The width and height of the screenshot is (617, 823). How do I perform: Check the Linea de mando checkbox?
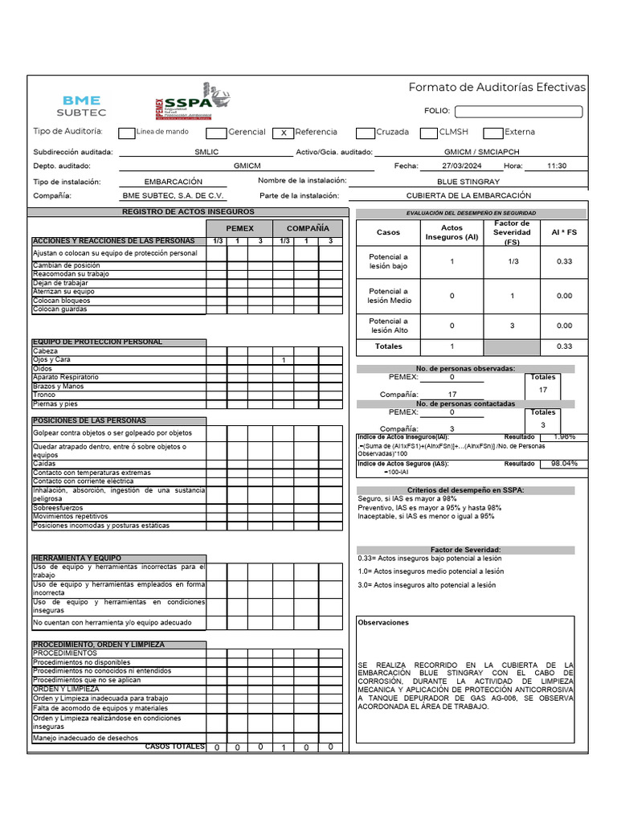(126, 133)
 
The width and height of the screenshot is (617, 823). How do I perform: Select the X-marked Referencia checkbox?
(284, 133)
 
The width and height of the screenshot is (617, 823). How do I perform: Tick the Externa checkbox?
(493, 133)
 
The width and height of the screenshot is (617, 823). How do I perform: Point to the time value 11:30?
(556, 166)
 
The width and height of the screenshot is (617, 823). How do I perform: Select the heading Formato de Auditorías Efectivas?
(497, 88)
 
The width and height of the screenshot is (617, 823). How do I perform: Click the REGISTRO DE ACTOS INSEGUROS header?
(188, 211)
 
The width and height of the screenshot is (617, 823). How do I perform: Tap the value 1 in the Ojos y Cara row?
(284, 360)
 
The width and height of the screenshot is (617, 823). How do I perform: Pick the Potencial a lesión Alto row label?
(389, 326)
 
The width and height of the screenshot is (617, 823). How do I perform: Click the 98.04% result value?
(563, 464)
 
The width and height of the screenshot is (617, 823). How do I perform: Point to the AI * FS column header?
(564, 232)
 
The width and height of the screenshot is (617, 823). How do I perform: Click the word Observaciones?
(383, 622)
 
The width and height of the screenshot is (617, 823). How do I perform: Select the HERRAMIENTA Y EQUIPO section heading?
(76, 558)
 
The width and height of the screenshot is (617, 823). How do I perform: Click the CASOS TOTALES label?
(174, 747)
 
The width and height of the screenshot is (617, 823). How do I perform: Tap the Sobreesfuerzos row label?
(58, 508)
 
